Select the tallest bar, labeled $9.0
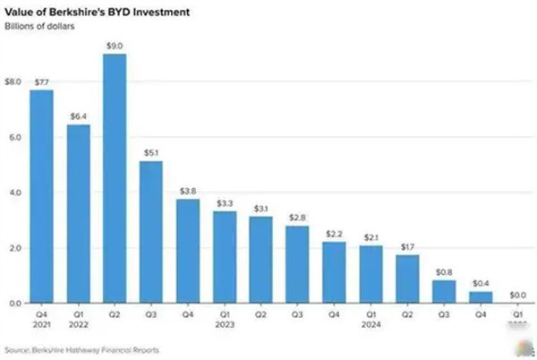[x=115, y=178]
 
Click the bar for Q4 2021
[x=42, y=196]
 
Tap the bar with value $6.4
[x=79, y=214]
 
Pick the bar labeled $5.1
[x=152, y=232]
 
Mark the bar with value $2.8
[x=298, y=264]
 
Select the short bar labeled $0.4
[x=482, y=297]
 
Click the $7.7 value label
[x=42, y=82]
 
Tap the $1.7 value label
[x=408, y=247]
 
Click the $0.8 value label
[x=445, y=272]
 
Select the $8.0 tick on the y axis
[x=13, y=81]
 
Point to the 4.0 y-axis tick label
[x=14, y=193]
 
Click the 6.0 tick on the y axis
[x=14, y=137]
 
